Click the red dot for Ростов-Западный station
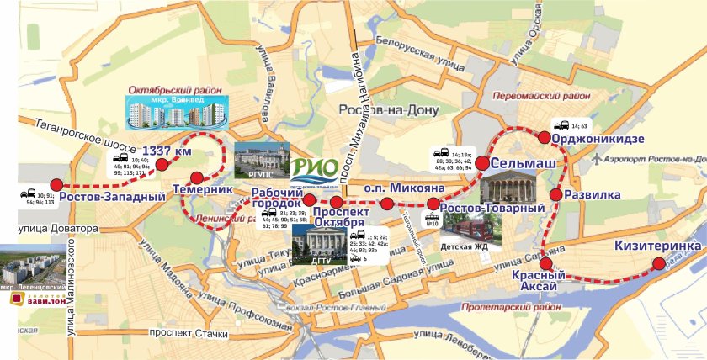coord(56,185)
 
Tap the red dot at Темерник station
coord(197,177)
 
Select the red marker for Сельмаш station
coord(482,163)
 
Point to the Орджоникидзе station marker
coord(545,137)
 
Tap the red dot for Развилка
coord(555,195)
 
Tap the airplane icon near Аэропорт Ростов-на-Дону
coord(597,158)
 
